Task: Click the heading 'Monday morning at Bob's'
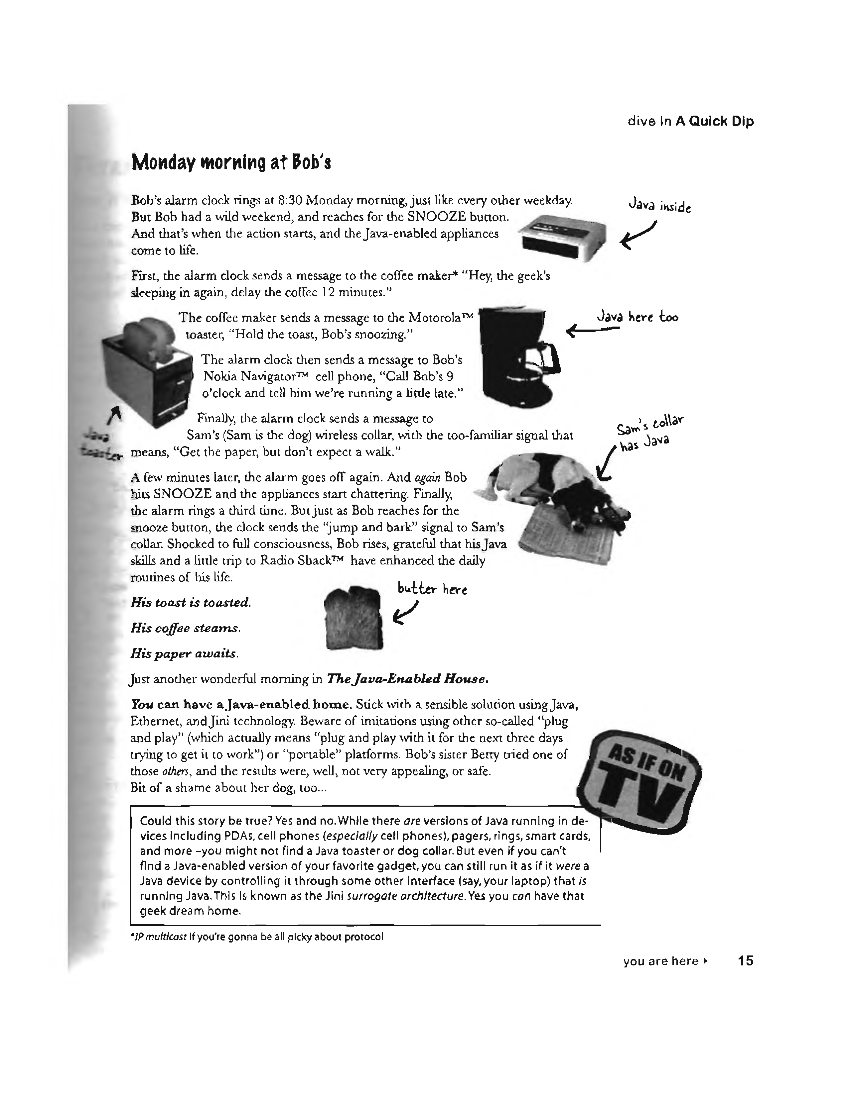pos(230,162)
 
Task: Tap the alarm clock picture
pos(563,237)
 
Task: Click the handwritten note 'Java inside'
pos(659,206)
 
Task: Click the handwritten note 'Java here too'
pos(637,317)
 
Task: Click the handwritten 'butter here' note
pos(432,589)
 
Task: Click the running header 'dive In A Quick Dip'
pos(690,122)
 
